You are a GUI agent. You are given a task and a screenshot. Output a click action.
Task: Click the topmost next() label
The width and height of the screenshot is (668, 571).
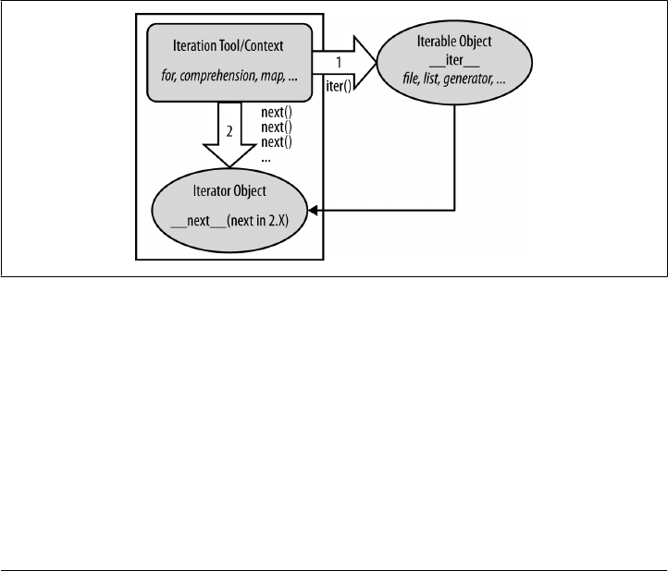point(276,112)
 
